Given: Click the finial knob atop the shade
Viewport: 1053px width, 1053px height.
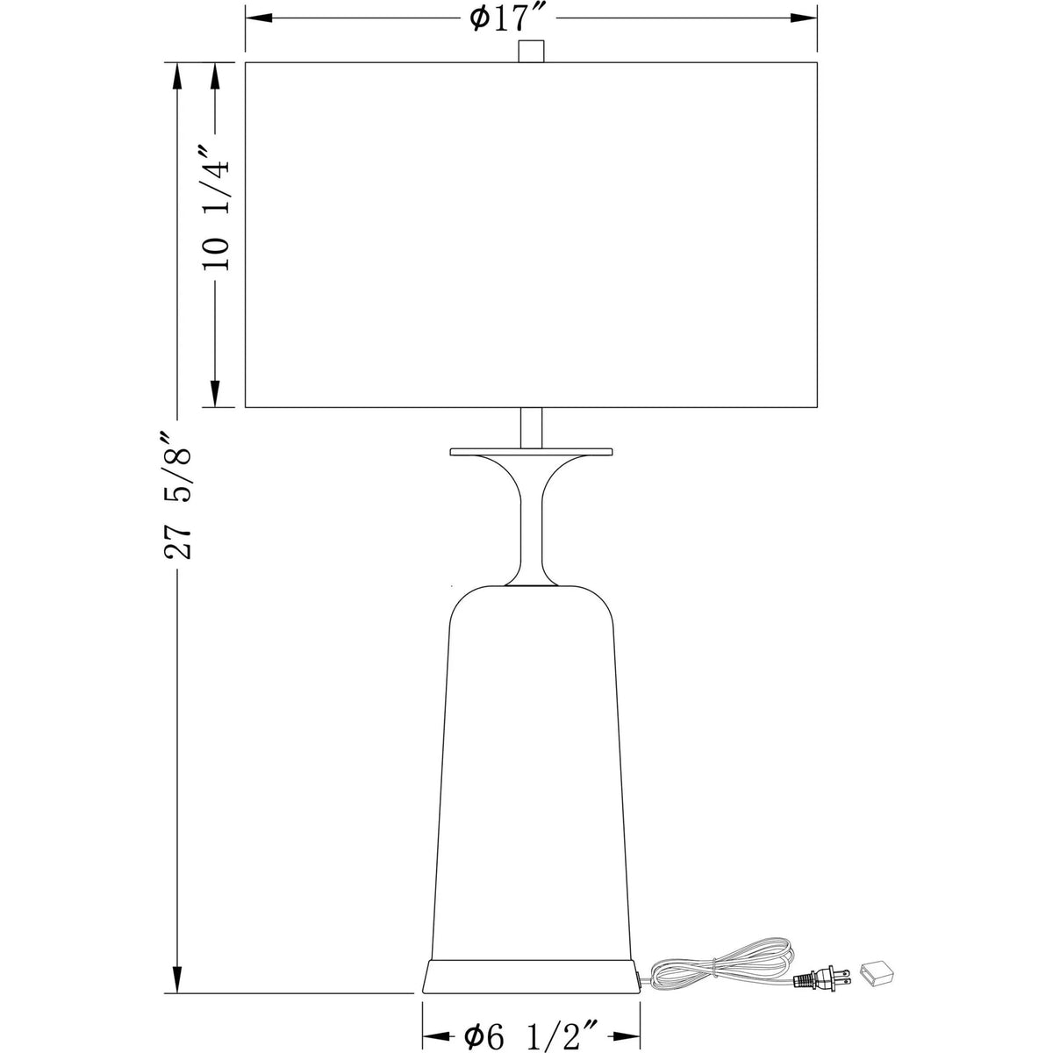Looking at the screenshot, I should (x=530, y=51).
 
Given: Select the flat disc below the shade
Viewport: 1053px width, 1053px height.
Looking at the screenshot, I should (x=531, y=452).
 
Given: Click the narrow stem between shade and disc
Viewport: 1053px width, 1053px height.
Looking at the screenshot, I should (x=531, y=428).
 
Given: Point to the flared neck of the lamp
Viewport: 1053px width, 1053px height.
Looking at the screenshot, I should (x=531, y=518).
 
